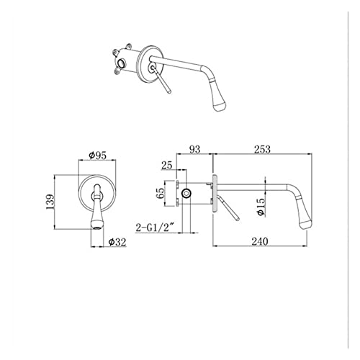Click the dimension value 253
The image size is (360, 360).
262,149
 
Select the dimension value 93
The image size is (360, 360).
194,149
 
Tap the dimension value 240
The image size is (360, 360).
260,241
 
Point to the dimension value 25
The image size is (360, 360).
166,166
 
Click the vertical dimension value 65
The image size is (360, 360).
160,193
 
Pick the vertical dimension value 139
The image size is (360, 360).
50,202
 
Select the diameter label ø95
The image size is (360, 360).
97,156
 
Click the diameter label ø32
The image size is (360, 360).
117,242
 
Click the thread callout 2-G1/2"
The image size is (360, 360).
155,228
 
